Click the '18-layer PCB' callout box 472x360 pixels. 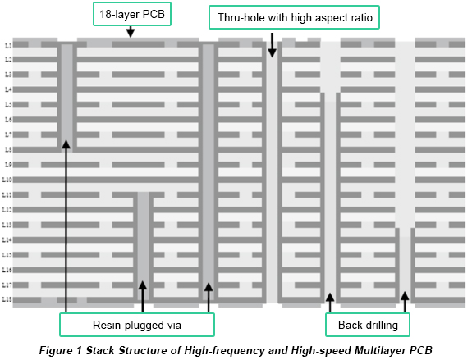coord(131,14)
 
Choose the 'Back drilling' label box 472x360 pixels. coord(368,326)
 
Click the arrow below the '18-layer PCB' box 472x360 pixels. coord(131,32)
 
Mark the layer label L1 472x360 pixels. coord(7,44)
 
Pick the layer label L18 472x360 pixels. coord(7,300)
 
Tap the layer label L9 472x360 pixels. coord(7,165)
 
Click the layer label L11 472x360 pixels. coord(7,195)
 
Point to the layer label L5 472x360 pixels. coord(7,104)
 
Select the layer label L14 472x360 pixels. coord(7,240)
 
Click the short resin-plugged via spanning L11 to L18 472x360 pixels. coord(143,246)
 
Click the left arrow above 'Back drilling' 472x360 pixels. coord(330,302)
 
